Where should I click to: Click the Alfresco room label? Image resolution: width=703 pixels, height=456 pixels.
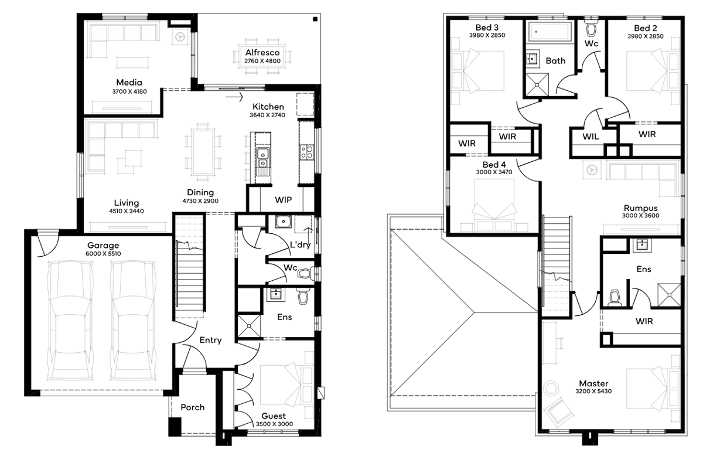(x=262, y=52)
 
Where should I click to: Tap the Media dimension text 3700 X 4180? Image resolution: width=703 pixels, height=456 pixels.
(x=129, y=91)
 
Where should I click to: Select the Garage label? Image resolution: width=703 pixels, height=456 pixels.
(x=103, y=245)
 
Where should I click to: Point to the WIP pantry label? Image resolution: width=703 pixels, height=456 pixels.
(x=284, y=200)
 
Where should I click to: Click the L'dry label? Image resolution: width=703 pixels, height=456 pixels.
(x=301, y=244)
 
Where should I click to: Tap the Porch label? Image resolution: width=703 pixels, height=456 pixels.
(x=193, y=407)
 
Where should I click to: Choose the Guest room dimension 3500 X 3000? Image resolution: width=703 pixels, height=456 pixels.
(x=274, y=424)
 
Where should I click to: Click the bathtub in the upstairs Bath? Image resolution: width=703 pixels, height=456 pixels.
(x=550, y=32)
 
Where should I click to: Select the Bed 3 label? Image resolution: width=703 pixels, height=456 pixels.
(x=487, y=28)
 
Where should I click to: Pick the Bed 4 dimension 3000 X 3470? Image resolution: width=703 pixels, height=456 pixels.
(x=494, y=172)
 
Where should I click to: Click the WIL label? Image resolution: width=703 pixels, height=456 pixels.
(x=591, y=137)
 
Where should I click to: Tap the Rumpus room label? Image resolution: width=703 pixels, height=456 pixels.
(x=640, y=208)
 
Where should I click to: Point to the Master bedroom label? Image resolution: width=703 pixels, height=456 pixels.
(x=593, y=383)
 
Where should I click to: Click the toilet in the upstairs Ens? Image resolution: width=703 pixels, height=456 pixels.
(x=615, y=298)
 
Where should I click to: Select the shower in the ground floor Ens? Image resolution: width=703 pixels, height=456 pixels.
(x=249, y=326)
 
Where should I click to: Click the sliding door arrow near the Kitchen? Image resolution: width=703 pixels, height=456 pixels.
(x=234, y=97)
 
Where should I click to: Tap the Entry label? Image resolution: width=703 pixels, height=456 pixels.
(x=210, y=340)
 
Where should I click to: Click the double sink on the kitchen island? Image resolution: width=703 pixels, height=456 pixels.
(x=262, y=159)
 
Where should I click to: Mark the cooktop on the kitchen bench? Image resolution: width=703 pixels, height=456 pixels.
(x=306, y=152)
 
